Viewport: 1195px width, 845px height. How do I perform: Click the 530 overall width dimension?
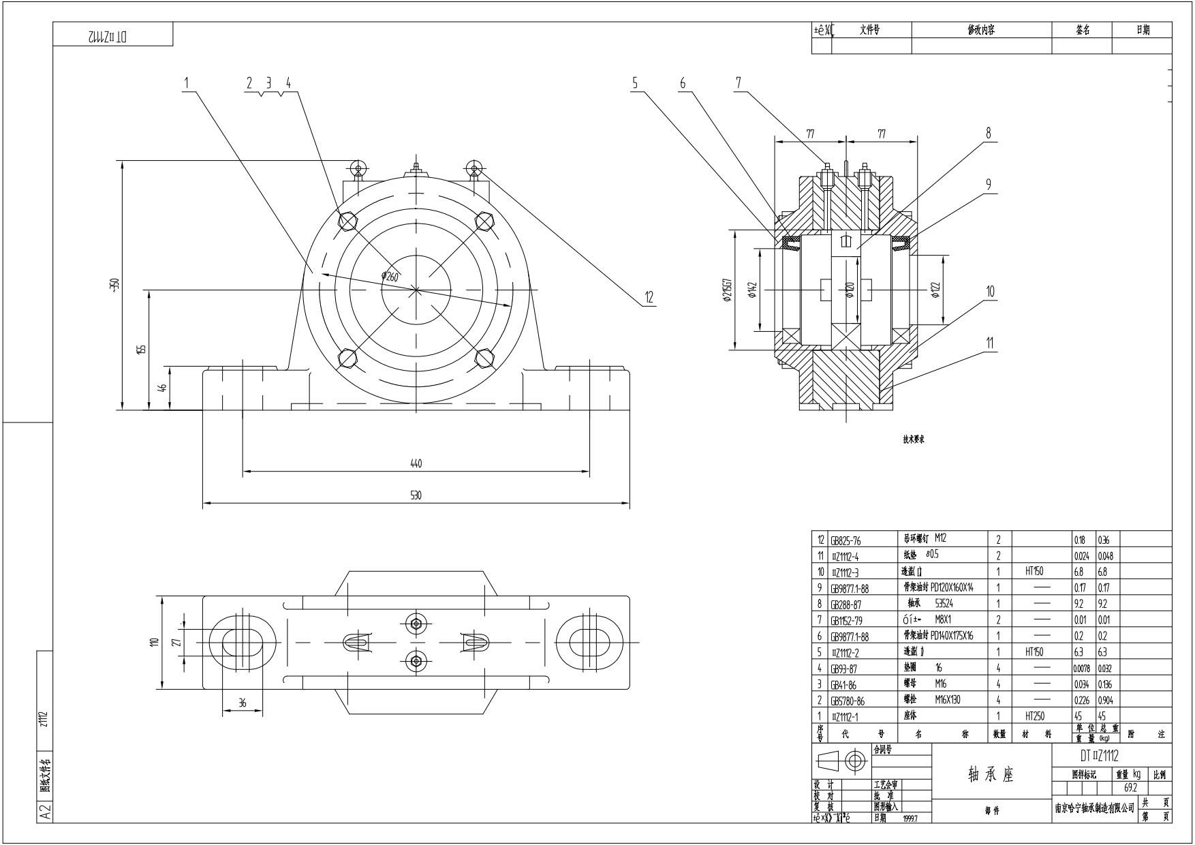[416, 495]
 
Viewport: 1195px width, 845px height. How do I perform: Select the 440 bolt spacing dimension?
[416, 463]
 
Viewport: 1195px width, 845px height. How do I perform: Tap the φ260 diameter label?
[390, 276]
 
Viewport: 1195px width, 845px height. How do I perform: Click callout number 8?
[989, 133]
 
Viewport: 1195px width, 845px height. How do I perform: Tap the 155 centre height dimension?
[141, 349]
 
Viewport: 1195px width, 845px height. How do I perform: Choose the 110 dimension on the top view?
[154, 642]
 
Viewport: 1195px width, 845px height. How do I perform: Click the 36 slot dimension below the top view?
[242, 703]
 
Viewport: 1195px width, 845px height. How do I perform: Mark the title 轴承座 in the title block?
[991, 775]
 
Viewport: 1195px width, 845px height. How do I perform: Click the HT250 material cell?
[1034, 716]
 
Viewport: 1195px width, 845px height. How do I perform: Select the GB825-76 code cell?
[845, 540]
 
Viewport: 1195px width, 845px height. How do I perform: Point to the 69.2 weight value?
[1130, 787]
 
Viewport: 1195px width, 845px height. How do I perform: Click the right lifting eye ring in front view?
[474, 168]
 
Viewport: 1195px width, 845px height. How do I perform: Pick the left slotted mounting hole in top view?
[242, 643]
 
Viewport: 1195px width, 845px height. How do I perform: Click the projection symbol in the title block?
[841, 760]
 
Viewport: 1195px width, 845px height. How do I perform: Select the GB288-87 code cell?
[845, 604]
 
